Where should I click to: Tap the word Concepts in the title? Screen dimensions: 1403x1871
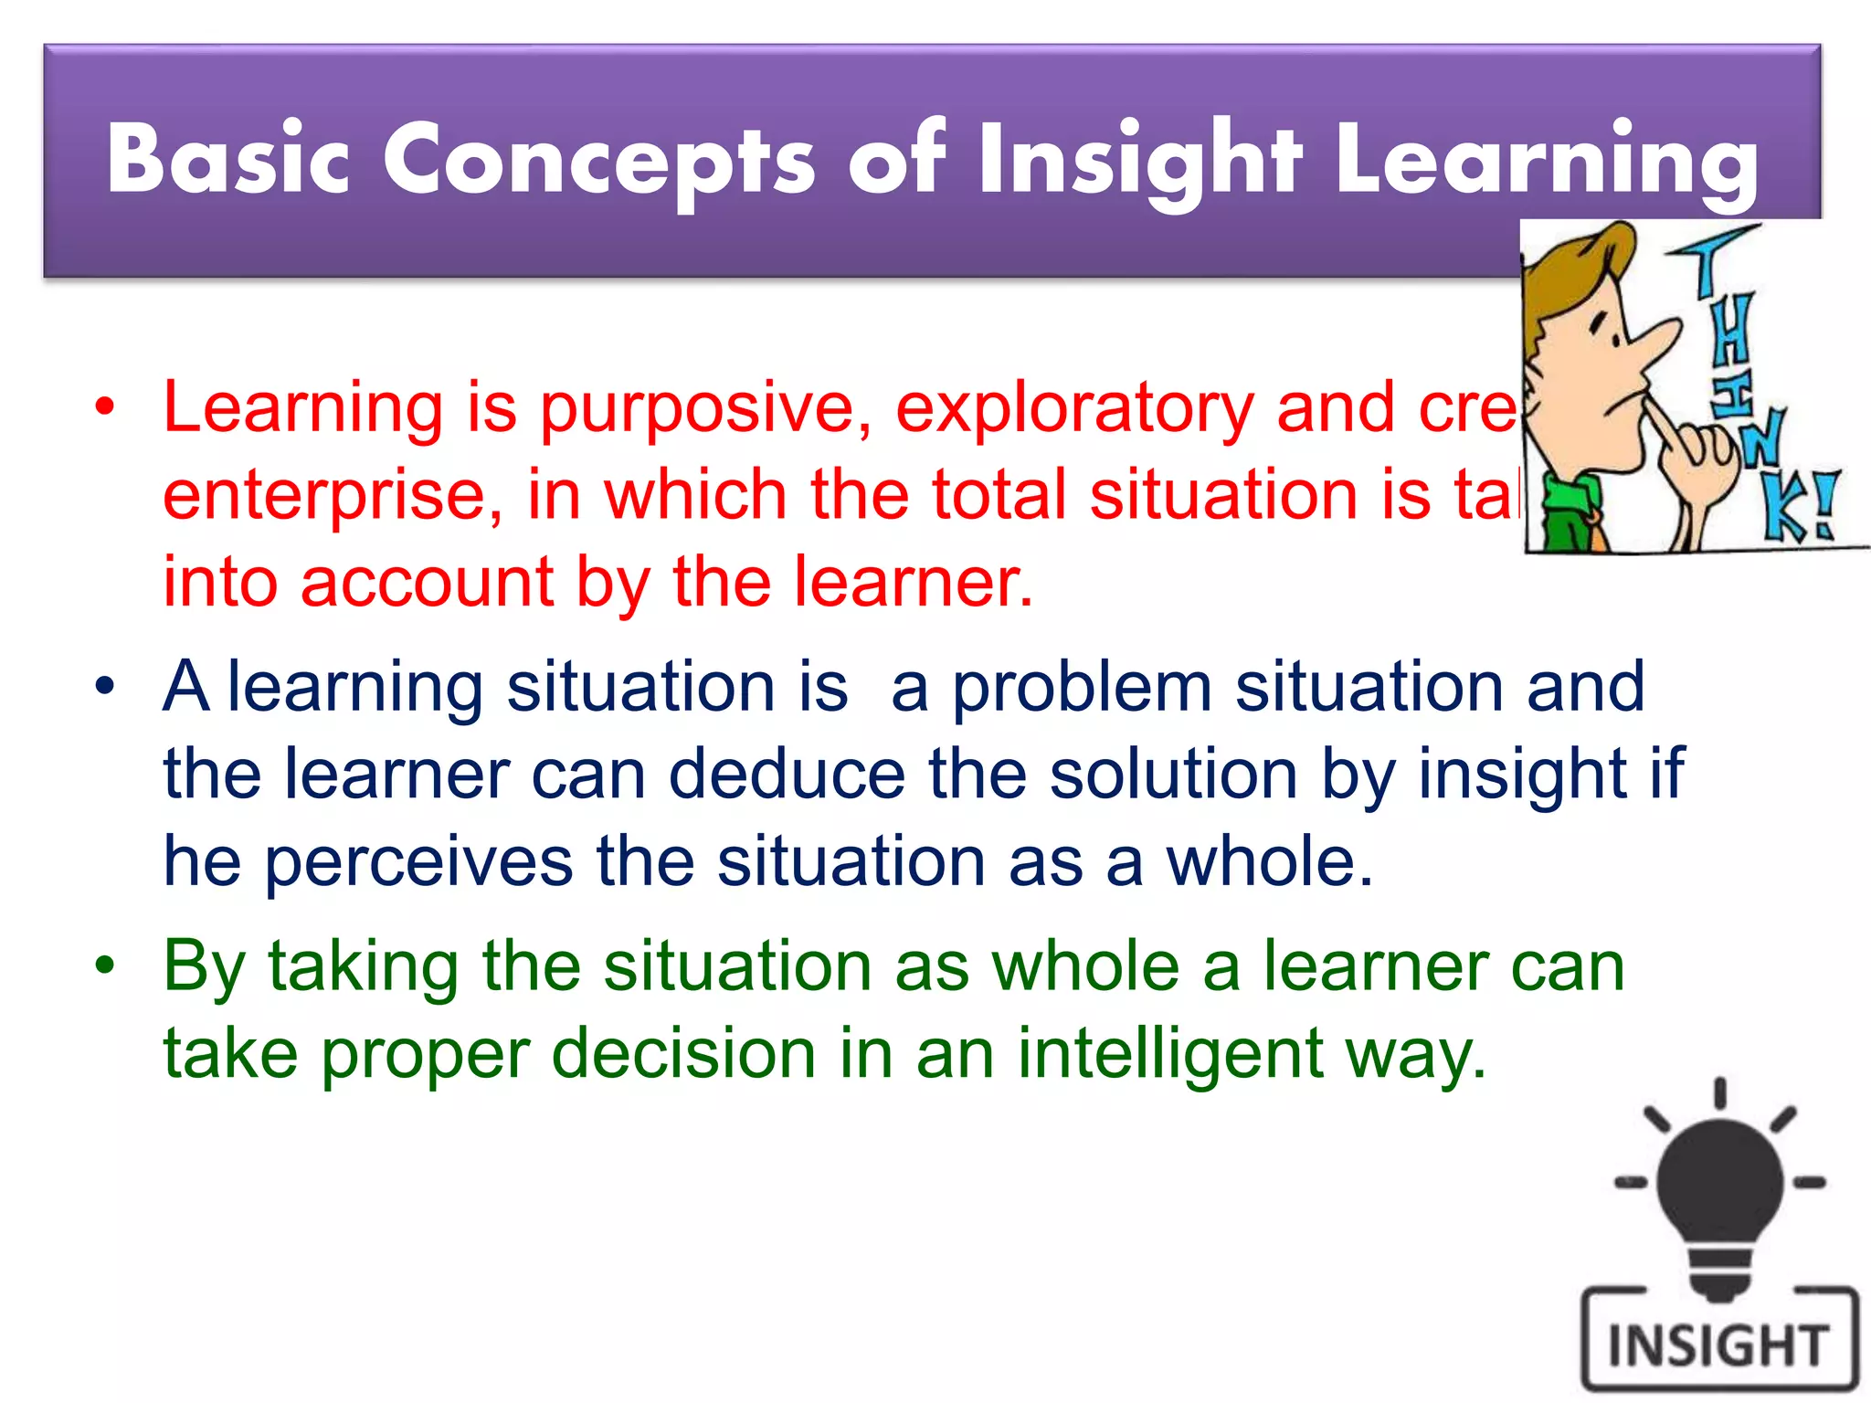598,161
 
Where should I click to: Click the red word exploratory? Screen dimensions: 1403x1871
1074,408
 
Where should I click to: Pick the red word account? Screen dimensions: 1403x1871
427,582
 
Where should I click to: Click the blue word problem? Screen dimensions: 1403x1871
1082,687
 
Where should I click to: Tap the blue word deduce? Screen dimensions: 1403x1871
787,775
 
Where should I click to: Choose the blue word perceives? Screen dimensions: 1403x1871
418,862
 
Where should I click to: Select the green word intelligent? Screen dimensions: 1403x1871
1170,1053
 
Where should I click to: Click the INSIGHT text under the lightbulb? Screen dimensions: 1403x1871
1718,1345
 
